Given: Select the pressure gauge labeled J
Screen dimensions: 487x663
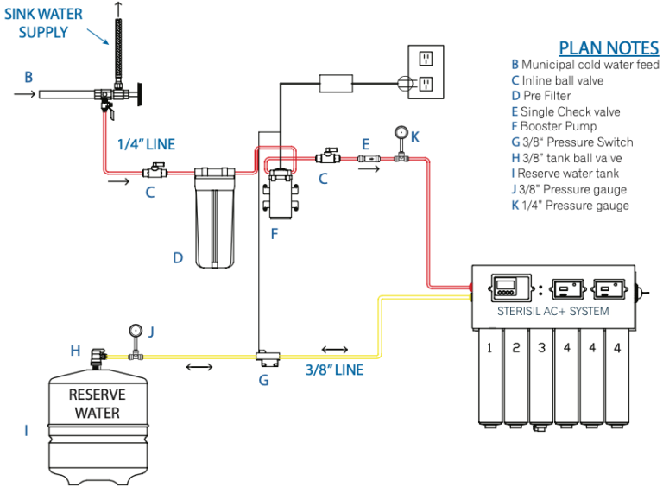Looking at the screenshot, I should click(x=135, y=331).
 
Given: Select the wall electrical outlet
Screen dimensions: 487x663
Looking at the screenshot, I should click(x=425, y=70).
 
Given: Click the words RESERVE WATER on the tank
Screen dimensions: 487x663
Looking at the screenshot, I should click(x=97, y=403).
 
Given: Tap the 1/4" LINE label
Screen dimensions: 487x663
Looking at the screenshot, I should click(x=146, y=144).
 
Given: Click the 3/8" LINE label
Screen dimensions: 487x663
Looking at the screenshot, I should click(x=335, y=370).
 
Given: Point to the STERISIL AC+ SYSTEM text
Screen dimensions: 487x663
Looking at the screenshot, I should click(x=553, y=311).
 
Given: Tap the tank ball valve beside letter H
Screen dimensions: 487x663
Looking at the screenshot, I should click(x=99, y=354).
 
